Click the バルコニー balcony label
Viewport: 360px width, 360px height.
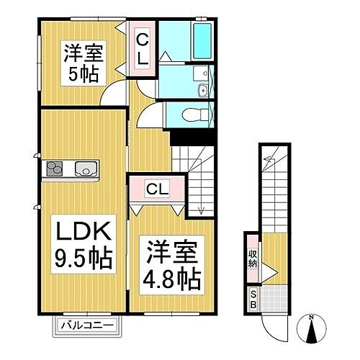point(86,325)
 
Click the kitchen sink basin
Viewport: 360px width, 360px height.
point(85,169)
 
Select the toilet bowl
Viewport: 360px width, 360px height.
point(192,115)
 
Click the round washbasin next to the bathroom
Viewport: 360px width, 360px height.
point(202,89)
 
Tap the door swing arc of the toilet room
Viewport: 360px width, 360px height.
point(151,114)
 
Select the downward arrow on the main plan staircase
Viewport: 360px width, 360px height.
point(202,210)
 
